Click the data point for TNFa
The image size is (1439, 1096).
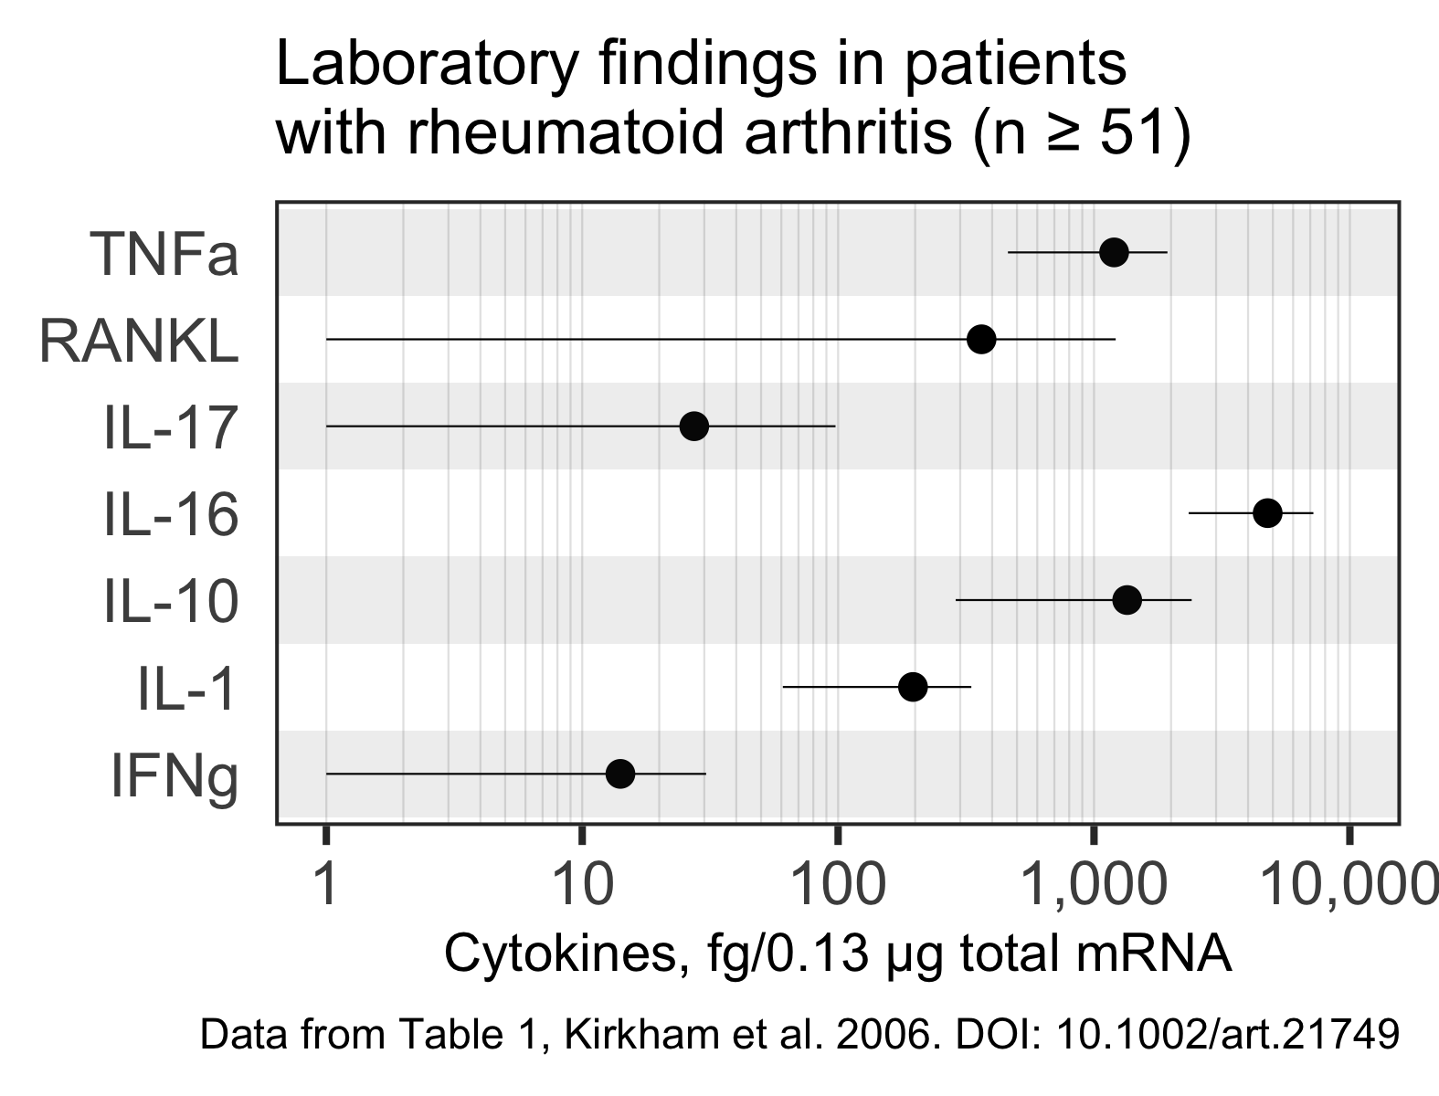click(1113, 252)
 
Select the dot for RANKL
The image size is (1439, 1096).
click(980, 339)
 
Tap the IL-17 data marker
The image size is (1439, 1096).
click(694, 427)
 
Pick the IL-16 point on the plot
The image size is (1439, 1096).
click(1267, 513)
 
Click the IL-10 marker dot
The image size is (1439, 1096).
click(1127, 600)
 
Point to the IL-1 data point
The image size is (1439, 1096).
click(912, 687)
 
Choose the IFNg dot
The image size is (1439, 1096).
click(619, 774)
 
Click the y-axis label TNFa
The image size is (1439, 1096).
click(164, 255)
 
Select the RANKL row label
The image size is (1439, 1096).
click(139, 342)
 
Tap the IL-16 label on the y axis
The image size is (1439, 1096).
click(171, 516)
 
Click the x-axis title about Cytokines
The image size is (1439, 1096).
click(837, 955)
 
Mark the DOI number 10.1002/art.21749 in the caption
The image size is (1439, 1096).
click(1227, 1035)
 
